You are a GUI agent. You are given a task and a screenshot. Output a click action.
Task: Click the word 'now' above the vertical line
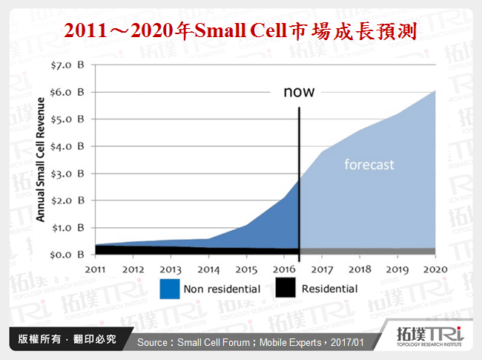click(x=299, y=93)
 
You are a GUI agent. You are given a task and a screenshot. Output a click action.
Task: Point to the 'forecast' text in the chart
click(x=369, y=164)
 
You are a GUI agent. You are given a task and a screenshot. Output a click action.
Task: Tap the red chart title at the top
click(x=240, y=31)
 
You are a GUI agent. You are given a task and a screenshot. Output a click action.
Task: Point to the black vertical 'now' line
click(x=299, y=178)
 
